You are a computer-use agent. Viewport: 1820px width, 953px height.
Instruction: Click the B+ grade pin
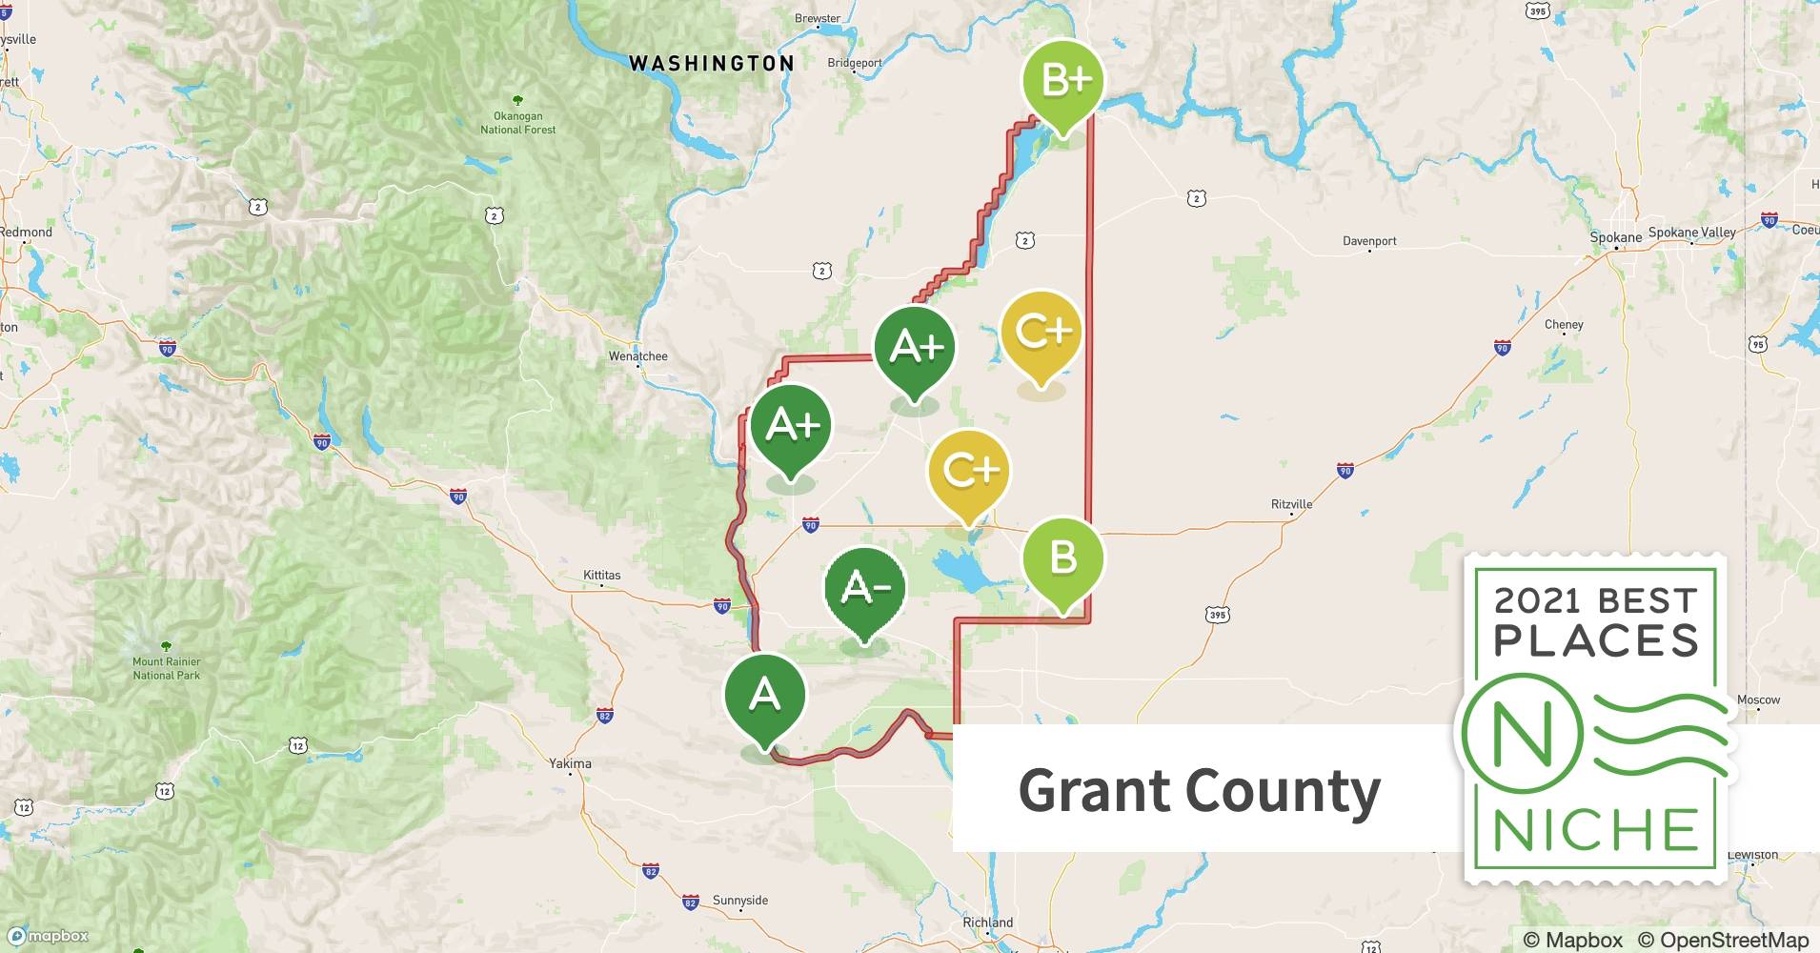[1062, 81]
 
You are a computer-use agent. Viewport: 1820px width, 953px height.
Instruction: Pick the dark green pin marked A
[764, 697]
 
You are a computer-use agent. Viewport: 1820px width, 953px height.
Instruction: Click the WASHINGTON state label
[711, 64]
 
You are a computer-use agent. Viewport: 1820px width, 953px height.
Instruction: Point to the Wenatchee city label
[637, 356]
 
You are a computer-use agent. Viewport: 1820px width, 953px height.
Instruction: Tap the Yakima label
[570, 763]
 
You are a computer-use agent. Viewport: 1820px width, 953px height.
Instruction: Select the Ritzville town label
[1291, 504]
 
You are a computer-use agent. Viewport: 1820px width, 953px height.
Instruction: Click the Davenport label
[1369, 241]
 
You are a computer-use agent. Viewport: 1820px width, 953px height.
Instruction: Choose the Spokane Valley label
[1691, 233]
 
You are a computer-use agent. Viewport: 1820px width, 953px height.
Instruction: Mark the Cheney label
[1564, 325]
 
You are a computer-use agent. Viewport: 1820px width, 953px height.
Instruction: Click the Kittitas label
[601, 576]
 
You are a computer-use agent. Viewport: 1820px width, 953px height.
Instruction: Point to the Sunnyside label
[739, 901]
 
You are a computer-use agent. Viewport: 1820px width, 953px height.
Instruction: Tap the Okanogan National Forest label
[517, 123]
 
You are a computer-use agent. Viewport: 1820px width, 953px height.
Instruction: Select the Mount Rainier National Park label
[167, 668]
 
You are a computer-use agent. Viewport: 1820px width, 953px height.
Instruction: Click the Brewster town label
[818, 18]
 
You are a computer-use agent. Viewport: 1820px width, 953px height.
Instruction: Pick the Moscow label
[1758, 700]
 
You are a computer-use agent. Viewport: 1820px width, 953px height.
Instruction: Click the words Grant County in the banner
[1199, 791]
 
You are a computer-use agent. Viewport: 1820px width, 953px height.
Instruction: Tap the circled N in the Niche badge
[1521, 734]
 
